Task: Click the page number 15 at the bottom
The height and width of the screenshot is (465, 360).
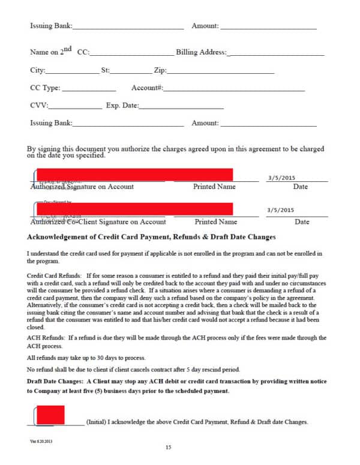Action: coord(169,448)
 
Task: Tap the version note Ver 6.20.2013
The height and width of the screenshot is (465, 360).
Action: coord(42,441)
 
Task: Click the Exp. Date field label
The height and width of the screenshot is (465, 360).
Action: coord(122,106)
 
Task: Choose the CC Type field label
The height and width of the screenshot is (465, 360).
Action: coord(45,88)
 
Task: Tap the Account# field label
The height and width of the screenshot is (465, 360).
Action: coord(147,88)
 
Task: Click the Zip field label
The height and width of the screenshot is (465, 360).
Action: coord(160,70)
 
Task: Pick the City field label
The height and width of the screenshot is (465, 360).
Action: coord(38,70)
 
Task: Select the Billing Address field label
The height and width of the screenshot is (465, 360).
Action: coord(202,52)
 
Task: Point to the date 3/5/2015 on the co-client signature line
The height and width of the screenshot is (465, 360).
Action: coord(280,211)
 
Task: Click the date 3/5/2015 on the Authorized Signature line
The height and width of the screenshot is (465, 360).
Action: coord(280,178)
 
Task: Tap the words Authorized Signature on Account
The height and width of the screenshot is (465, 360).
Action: coord(82,187)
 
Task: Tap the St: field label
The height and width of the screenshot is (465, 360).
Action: coord(106,70)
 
